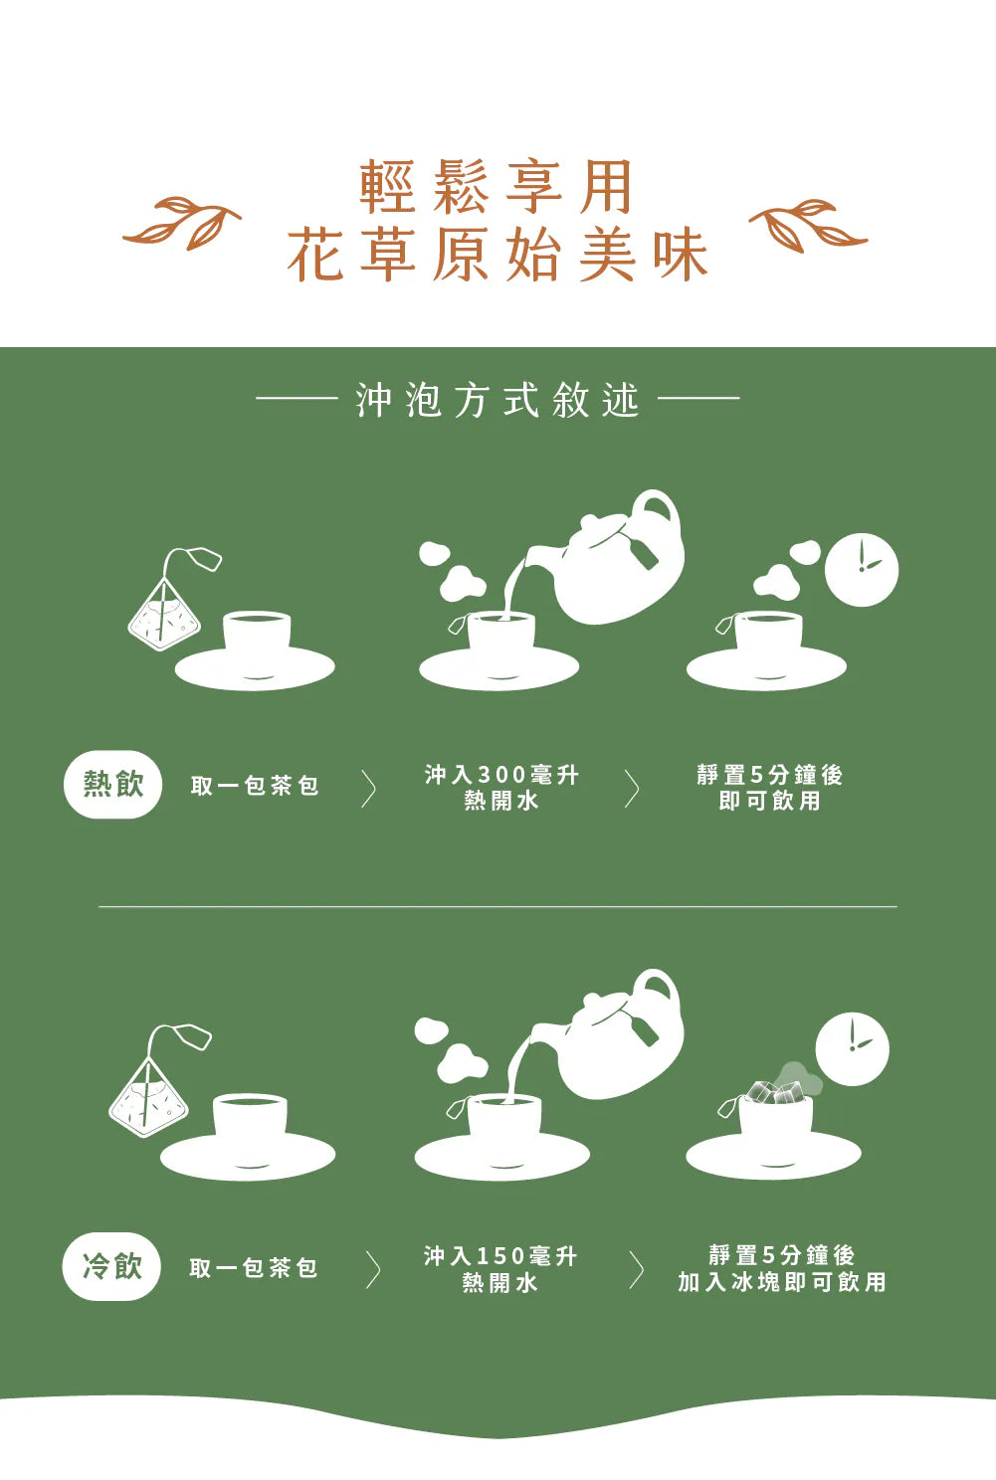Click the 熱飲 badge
click(112, 784)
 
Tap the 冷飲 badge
click(111, 1266)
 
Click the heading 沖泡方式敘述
click(498, 400)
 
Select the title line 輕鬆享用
click(497, 186)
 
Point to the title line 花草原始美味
click(498, 255)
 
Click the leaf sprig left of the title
click(183, 223)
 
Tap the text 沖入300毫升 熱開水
click(501, 787)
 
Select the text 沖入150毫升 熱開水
click(500, 1268)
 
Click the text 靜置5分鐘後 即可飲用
click(769, 787)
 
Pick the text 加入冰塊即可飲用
click(781, 1282)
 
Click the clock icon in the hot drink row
click(861, 570)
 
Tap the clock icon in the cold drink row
click(852, 1049)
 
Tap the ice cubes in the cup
click(772, 1092)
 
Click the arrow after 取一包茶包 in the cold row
click(372, 1269)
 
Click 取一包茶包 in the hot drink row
click(255, 786)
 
